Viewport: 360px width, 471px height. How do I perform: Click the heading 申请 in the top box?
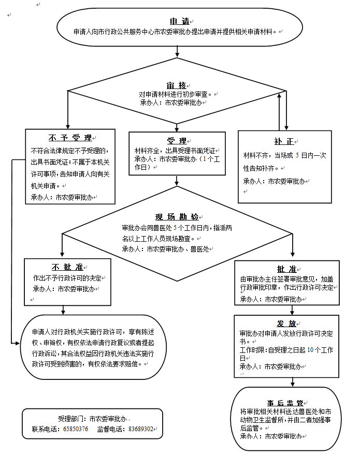(x=179, y=21)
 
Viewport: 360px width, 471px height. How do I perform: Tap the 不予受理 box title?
(x=70, y=138)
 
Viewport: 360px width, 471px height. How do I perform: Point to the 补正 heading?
(x=284, y=141)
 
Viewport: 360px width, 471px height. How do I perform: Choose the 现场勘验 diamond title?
(x=177, y=217)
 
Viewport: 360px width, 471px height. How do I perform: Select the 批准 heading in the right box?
(x=286, y=269)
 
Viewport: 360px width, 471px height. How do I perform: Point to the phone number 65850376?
(x=76, y=429)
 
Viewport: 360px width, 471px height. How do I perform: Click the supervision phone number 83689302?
(x=140, y=429)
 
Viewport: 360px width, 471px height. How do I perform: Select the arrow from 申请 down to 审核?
(x=178, y=51)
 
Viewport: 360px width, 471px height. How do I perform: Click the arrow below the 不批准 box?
(x=63, y=309)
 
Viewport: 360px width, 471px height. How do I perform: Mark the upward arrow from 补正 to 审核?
(x=280, y=111)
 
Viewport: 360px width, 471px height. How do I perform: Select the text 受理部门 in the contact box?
(x=69, y=419)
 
